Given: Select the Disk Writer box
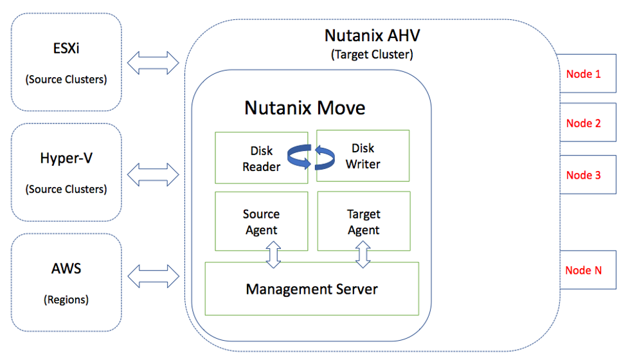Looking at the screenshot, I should click(363, 156).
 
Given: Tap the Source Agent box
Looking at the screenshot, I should click(261, 222).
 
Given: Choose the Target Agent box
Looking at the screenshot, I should click(363, 222).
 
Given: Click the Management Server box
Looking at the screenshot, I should click(312, 289).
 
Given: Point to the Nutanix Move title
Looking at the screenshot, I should click(305, 107).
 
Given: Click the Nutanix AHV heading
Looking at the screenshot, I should click(372, 35).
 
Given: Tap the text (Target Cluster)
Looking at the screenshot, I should click(372, 55).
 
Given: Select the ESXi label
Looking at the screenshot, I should click(66, 50).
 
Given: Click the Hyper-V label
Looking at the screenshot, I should click(66, 158).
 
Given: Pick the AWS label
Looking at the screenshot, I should click(66, 267).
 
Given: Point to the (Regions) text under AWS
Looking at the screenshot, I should click(66, 300).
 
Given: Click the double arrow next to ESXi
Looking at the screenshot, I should click(153, 62).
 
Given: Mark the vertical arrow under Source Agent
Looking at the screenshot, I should click(274, 255).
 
